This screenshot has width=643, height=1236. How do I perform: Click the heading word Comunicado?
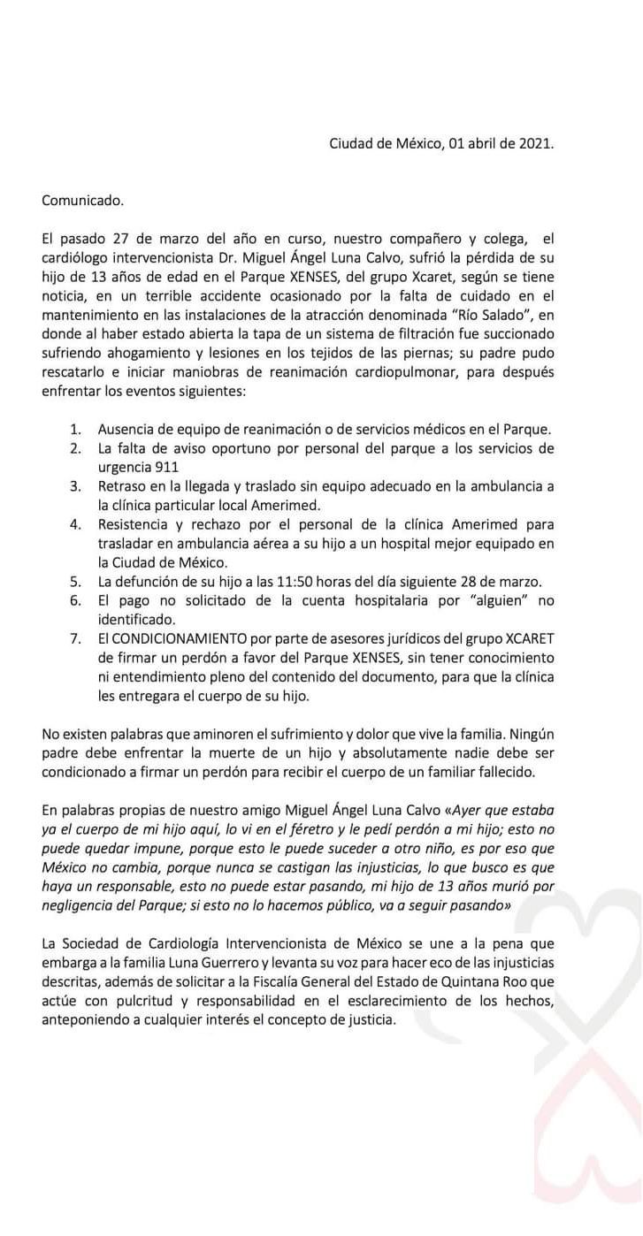(83, 200)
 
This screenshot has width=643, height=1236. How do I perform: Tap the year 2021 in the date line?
(533, 143)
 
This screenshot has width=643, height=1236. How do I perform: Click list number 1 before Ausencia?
(76, 429)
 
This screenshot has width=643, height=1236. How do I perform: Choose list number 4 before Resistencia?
(76, 524)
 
